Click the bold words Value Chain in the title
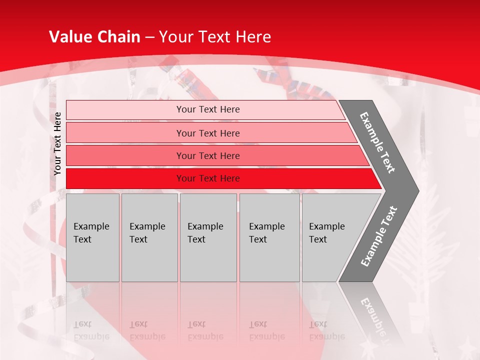(x=94, y=37)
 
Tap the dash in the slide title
(x=149, y=37)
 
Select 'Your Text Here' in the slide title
(x=215, y=37)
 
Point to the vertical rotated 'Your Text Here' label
(x=57, y=143)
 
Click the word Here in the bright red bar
(x=229, y=178)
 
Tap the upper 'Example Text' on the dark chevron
(x=377, y=142)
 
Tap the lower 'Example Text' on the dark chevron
(x=379, y=236)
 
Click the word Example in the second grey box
(x=147, y=226)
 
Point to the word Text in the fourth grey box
(x=257, y=239)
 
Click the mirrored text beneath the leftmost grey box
(x=91, y=330)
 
